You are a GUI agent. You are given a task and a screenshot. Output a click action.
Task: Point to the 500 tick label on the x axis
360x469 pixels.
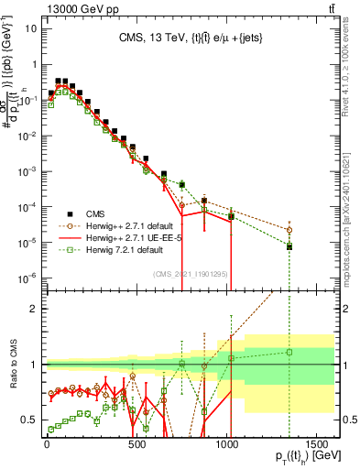(136, 442)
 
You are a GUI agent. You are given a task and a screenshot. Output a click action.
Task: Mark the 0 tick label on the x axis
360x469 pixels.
(46, 442)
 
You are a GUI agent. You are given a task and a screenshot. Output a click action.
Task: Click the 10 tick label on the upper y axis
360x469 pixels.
(28, 27)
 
